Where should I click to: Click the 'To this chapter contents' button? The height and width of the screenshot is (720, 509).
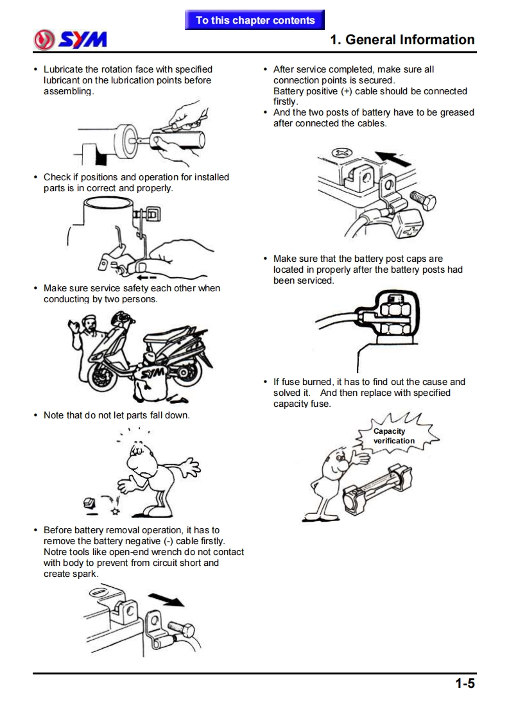[x=255, y=20]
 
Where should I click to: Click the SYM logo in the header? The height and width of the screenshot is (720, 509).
[x=71, y=40]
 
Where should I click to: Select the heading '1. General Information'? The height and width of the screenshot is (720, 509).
[x=402, y=40]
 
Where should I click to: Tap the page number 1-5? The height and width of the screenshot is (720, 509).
[x=465, y=683]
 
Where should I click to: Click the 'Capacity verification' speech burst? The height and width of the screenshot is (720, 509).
[x=394, y=436]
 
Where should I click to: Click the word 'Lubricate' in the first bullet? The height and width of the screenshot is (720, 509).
[x=64, y=69]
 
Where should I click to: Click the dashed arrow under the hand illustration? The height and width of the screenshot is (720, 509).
[x=146, y=277]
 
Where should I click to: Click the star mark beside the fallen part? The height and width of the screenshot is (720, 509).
[x=115, y=511]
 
